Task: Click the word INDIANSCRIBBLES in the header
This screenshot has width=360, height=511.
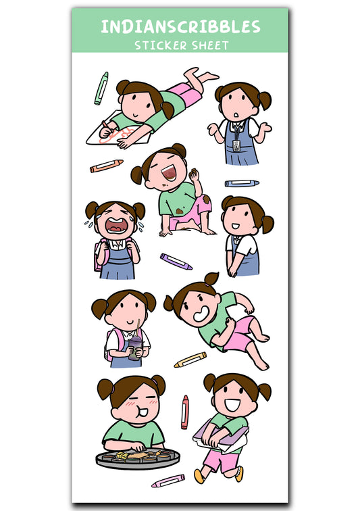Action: (180, 27)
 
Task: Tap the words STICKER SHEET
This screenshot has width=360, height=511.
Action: (180, 46)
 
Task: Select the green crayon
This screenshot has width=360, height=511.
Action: (101, 88)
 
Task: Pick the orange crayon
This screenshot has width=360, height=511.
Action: (107, 166)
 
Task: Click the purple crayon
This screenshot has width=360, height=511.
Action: (176, 262)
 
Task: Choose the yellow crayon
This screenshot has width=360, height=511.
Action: (190, 360)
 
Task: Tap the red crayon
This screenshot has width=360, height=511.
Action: (184, 412)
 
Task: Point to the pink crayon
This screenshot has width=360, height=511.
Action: (168, 481)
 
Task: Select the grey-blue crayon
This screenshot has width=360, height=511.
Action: (242, 183)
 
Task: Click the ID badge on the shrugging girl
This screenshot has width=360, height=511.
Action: (235, 145)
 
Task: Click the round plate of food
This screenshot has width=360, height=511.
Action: (138, 458)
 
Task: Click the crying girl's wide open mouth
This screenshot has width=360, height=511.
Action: (116, 227)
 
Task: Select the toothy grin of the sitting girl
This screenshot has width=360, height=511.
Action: (201, 315)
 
